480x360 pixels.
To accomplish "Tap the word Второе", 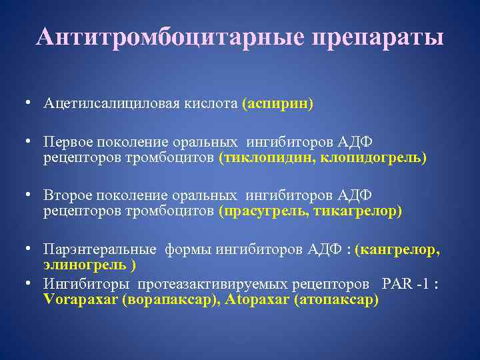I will pos(67,196).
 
